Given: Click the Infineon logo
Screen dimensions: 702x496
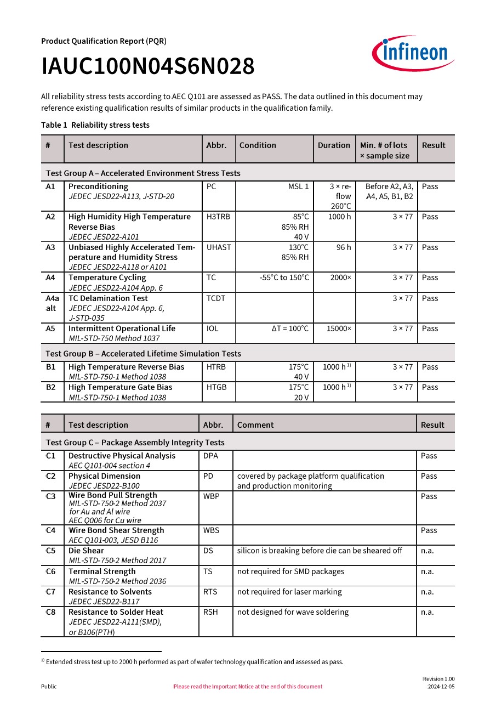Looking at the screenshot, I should [x=413, y=53].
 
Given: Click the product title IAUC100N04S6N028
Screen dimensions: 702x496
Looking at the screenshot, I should [x=148, y=67].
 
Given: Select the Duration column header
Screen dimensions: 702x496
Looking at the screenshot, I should [x=334, y=145].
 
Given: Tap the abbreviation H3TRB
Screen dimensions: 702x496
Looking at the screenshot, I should [x=218, y=217].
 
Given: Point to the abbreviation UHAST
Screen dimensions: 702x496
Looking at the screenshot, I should [x=219, y=247].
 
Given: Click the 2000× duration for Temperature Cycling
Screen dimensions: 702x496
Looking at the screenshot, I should [x=340, y=278].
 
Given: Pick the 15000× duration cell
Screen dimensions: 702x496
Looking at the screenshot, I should [x=339, y=329].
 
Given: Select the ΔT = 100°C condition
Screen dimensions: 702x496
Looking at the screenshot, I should [x=290, y=329].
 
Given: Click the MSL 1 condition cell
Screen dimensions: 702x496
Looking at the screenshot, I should [x=299, y=186].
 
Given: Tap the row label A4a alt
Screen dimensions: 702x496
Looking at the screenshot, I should [x=52, y=303].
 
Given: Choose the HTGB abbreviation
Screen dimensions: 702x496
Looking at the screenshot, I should [x=216, y=387].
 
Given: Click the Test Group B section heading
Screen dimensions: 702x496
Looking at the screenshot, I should [x=144, y=354].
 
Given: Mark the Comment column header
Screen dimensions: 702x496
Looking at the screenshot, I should [x=255, y=425].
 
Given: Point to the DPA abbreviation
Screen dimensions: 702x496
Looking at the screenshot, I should [x=210, y=456].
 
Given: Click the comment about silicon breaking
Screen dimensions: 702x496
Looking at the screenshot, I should [x=320, y=551].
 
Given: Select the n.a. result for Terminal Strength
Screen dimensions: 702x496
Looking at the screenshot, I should [x=427, y=571].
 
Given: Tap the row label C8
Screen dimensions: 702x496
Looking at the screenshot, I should [x=51, y=612].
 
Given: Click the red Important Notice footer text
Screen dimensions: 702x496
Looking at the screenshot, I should [x=248, y=687].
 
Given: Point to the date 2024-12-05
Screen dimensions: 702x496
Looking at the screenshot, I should [x=441, y=687].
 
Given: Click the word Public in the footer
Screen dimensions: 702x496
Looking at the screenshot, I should [x=49, y=687].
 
